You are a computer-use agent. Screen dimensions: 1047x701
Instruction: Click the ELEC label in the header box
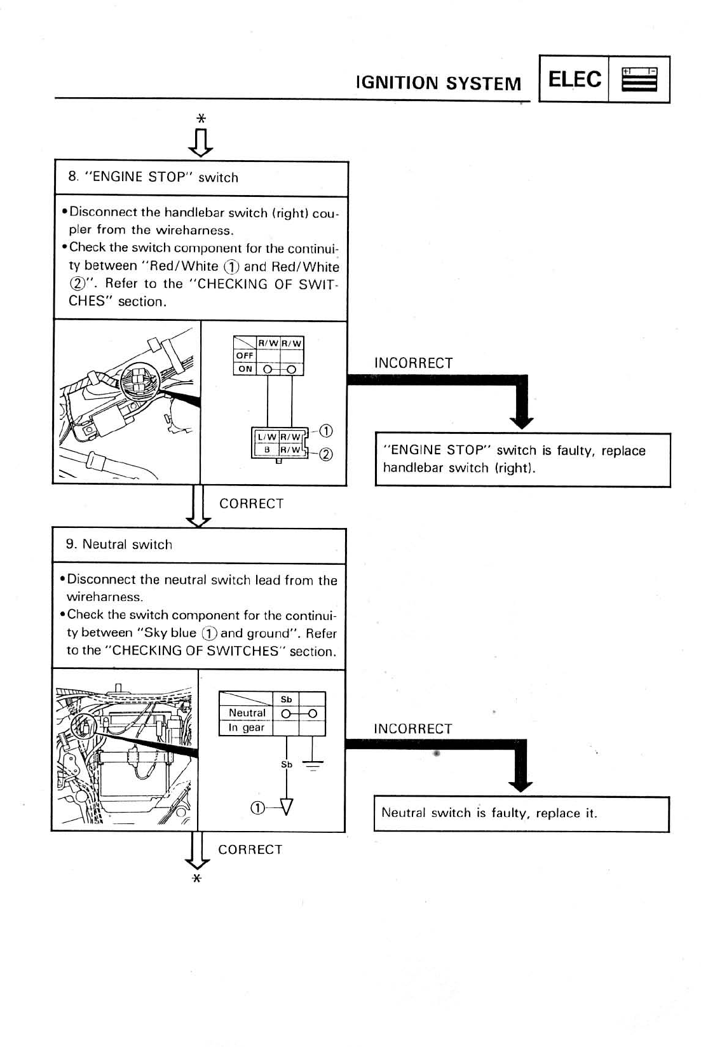(574, 79)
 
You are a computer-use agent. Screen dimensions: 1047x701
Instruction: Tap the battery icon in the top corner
(639, 79)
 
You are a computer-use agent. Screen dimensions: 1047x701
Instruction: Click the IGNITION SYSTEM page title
(439, 83)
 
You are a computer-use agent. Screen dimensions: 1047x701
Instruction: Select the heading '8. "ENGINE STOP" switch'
(153, 177)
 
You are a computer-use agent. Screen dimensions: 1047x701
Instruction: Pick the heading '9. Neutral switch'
(119, 544)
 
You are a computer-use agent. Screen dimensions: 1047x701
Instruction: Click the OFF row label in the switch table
(245, 356)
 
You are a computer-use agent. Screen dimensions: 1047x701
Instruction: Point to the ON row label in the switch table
(245, 369)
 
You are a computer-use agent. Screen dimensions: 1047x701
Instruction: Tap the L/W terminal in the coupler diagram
(266, 436)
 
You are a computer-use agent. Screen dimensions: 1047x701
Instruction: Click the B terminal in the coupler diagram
(267, 450)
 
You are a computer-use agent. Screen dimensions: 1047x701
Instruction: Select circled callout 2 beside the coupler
(325, 454)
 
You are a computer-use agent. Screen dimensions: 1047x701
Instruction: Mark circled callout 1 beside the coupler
(325, 431)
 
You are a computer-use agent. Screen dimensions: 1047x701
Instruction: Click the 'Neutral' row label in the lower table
(247, 713)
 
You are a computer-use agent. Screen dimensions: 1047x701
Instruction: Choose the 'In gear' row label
(247, 727)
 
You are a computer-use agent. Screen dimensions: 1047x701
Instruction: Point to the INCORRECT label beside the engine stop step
(414, 363)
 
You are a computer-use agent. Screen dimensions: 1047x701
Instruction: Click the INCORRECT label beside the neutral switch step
(413, 729)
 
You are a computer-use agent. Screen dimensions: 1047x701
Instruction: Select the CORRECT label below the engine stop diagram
(251, 504)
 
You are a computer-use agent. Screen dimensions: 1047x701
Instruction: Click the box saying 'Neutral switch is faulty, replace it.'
(521, 813)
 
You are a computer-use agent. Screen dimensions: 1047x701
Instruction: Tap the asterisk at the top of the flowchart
(201, 119)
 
